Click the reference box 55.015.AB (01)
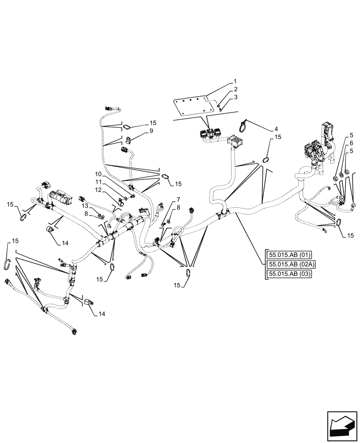(x=289, y=254)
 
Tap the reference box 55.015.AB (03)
(x=289, y=275)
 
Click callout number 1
(x=235, y=82)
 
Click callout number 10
(x=98, y=174)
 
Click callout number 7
(x=178, y=199)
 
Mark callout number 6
(x=351, y=143)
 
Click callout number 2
(x=235, y=89)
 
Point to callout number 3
(x=235, y=97)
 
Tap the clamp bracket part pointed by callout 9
(x=129, y=141)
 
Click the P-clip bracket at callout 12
(x=120, y=205)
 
